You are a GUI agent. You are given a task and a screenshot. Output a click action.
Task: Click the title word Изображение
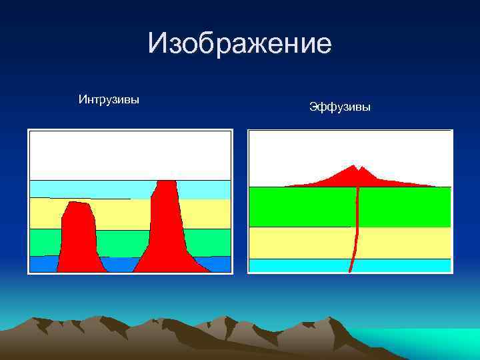click(239, 43)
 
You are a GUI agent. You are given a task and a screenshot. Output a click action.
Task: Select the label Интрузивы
click(109, 100)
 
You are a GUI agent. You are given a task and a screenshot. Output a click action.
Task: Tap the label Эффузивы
click(340, 106)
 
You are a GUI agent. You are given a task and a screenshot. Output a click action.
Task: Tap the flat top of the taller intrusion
click(166, 182)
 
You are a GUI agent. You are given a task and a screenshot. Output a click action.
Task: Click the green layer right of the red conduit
click(403, 207)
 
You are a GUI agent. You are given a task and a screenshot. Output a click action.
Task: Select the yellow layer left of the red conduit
click(300, 243)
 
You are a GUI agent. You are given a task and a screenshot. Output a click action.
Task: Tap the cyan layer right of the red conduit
click(403, 265)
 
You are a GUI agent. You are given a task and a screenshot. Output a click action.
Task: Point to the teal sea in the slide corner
click(433, 343)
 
